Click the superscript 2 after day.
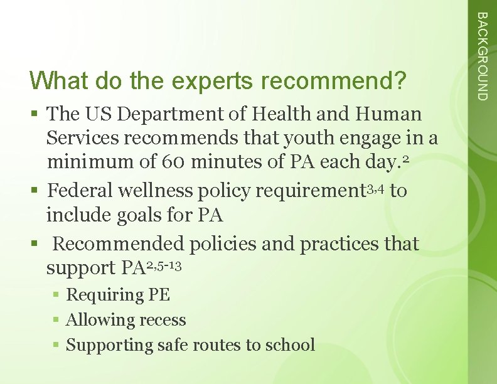click(407, 160)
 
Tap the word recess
click(161, 320)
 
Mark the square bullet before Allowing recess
click(56, 320)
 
